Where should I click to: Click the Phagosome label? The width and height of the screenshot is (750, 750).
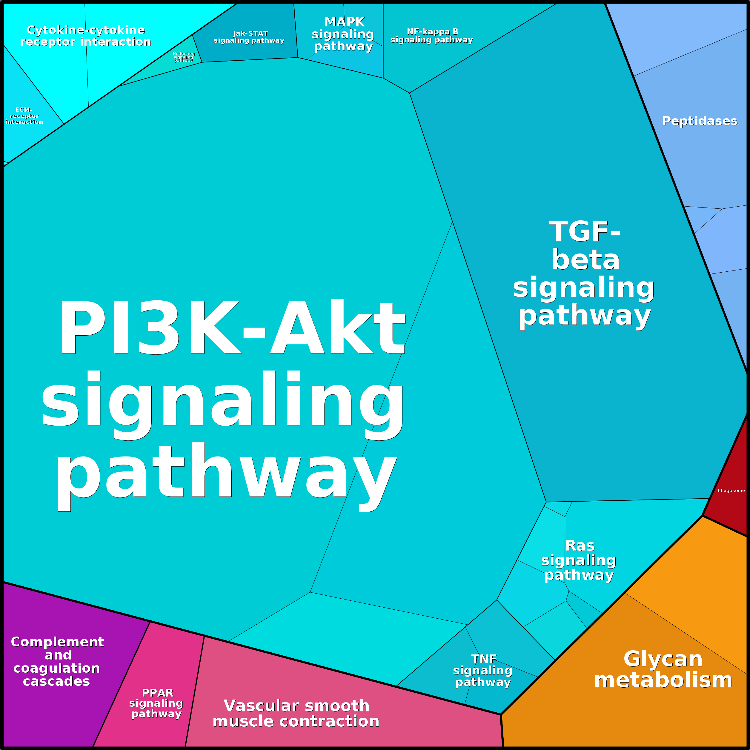tap(731, 491)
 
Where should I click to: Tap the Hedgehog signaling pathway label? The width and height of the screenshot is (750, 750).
tap(184, 57)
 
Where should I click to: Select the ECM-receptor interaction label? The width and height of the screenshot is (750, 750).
tap(24, 116)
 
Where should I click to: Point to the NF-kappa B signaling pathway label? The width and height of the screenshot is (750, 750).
tap(432, 36)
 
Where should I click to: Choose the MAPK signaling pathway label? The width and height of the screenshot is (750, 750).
tap(343, 34)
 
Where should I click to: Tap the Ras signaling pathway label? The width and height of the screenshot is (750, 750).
tap(579, 560)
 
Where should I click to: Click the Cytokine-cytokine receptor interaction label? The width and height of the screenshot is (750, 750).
tap(85, 36)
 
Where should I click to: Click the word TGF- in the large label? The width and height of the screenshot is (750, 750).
tap(585, 231)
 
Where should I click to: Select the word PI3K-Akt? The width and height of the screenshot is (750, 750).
tap(232, 327)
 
